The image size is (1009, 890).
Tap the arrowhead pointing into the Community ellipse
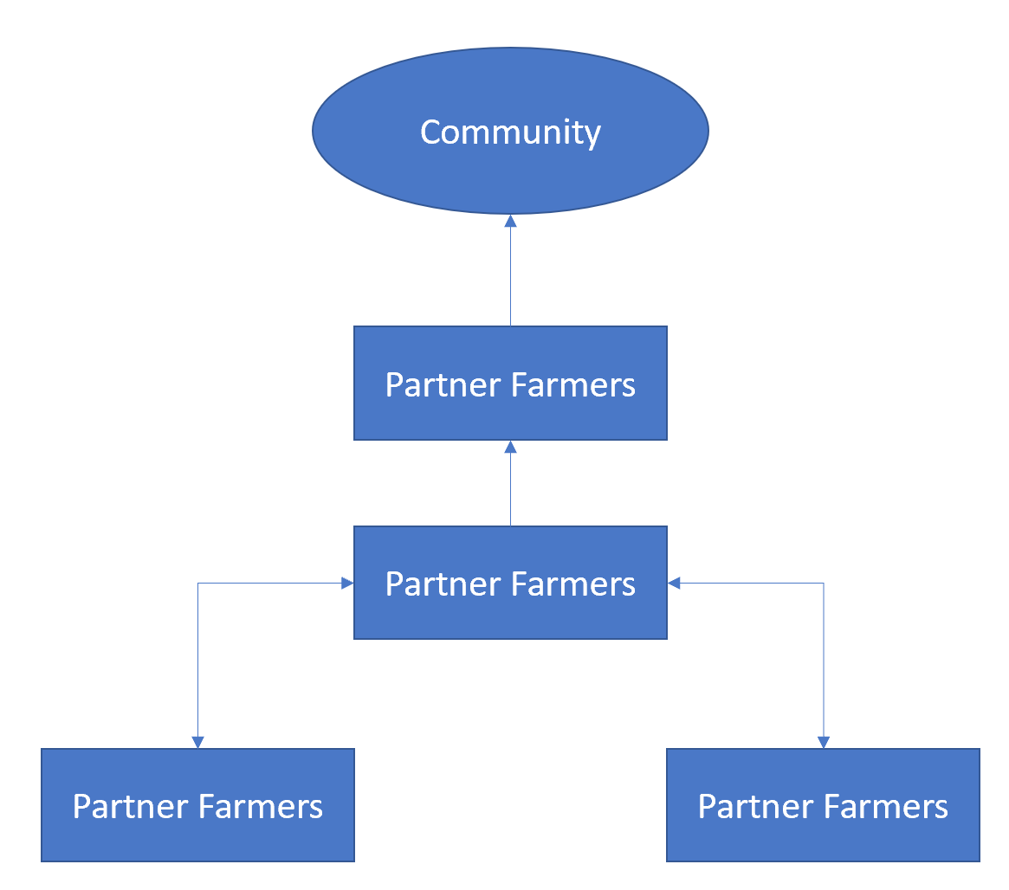point(510,222)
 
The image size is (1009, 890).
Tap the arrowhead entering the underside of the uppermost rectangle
point(510,448)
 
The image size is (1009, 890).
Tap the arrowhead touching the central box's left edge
point(347,584)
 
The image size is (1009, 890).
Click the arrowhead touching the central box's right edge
point(675,584)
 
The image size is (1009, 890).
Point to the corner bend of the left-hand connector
point(198,584)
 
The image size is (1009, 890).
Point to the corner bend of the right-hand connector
point(823,584)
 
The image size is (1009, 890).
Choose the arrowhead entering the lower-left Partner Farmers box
point(198,742)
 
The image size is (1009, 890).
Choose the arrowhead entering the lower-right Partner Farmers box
point(823,742)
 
